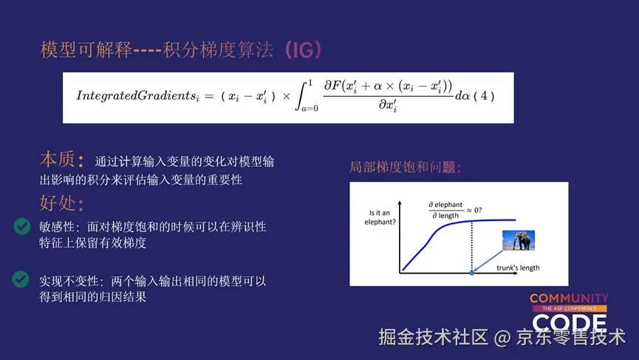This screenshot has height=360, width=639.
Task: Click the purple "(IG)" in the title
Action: (x=303, y=50)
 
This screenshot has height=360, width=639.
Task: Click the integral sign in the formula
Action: (x=301, y=96)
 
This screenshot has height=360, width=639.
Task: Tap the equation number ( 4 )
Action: (x=484, y=96)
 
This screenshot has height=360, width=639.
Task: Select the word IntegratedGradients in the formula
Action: (x=137, y=96)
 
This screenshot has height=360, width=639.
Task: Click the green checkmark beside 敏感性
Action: (x=21, y=226)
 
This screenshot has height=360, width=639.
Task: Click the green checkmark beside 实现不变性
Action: (x=21, y=279)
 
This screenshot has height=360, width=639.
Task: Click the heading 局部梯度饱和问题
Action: (x=406, y=167)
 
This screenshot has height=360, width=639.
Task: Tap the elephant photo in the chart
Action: (x=519, y=240)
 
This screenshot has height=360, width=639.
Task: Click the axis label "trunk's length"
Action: (x=518, y=268)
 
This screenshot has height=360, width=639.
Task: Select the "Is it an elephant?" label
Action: (x=380, y=217)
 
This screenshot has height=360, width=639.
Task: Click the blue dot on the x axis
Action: (x=472, y=273)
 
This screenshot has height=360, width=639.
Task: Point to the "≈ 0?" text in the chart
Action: (x=474, y=210)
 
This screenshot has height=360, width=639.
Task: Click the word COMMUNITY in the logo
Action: (x=569, y=299)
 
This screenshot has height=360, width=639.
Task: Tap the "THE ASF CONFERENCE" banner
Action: (x=570, y=309)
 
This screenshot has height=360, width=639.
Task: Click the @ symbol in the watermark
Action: (x=502, y=338)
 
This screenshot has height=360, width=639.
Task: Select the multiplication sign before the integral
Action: (x=287, y=96)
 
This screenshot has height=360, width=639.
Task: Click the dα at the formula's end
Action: (x=462, y=96)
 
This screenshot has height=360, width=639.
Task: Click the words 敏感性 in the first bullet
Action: (x=57, y=227)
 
